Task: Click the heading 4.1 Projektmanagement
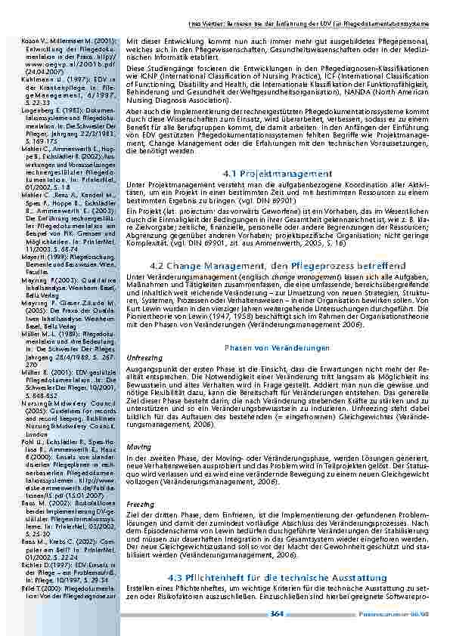coord(278,174)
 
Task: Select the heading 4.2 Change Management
coord(278,265)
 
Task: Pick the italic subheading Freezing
coord(138,502)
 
